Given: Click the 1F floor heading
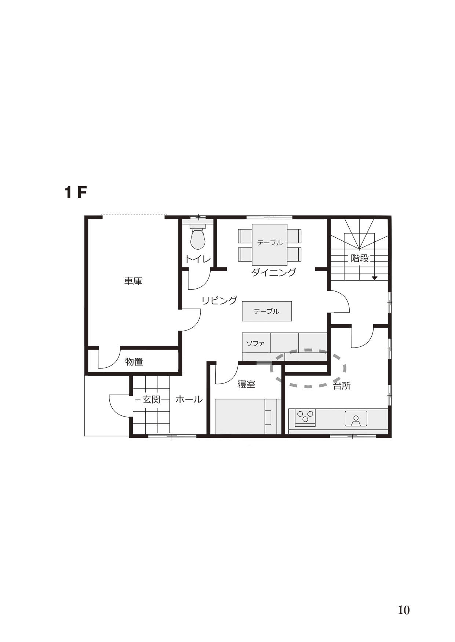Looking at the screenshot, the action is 76,192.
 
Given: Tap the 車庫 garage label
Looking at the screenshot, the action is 133,281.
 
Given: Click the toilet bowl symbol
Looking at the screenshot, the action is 198,238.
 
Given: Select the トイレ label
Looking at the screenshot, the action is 198,259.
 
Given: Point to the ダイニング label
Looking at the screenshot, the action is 273,272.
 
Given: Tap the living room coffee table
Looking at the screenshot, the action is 267,311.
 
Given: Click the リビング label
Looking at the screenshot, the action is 219,300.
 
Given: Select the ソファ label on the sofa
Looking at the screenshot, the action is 255,344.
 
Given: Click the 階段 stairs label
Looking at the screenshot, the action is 360,258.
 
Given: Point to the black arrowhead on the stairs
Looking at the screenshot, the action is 374,278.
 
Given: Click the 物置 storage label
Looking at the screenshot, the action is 134,362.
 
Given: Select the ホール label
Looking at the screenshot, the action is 189,399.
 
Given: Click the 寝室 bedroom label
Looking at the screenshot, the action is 246,385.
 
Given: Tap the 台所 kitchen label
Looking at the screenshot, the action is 342,386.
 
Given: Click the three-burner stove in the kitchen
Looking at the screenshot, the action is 305,418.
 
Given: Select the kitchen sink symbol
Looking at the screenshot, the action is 356,418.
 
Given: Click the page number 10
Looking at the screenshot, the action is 404,610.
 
